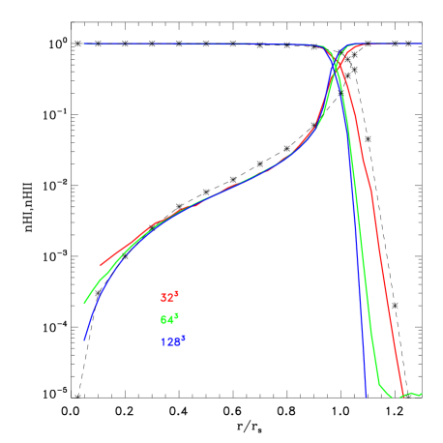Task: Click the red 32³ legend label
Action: click(169, 298)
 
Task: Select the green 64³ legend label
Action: click(169, 319)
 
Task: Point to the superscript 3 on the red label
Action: click(177, 294)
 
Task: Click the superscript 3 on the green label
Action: click(177, 315)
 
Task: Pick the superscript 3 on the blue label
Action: click(183, 337)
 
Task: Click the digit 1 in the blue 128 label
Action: click(162, 341)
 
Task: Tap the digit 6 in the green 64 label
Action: click(163, 320)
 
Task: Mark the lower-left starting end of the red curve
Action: click(101, 264)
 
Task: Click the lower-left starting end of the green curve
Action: click(85, 304)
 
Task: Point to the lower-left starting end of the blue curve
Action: click(84, 340)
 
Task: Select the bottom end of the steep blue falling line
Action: click(366, 396)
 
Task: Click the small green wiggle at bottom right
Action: click(412, 395)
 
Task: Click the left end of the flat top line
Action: click(84, 44)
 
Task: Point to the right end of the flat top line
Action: click(422, 44)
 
